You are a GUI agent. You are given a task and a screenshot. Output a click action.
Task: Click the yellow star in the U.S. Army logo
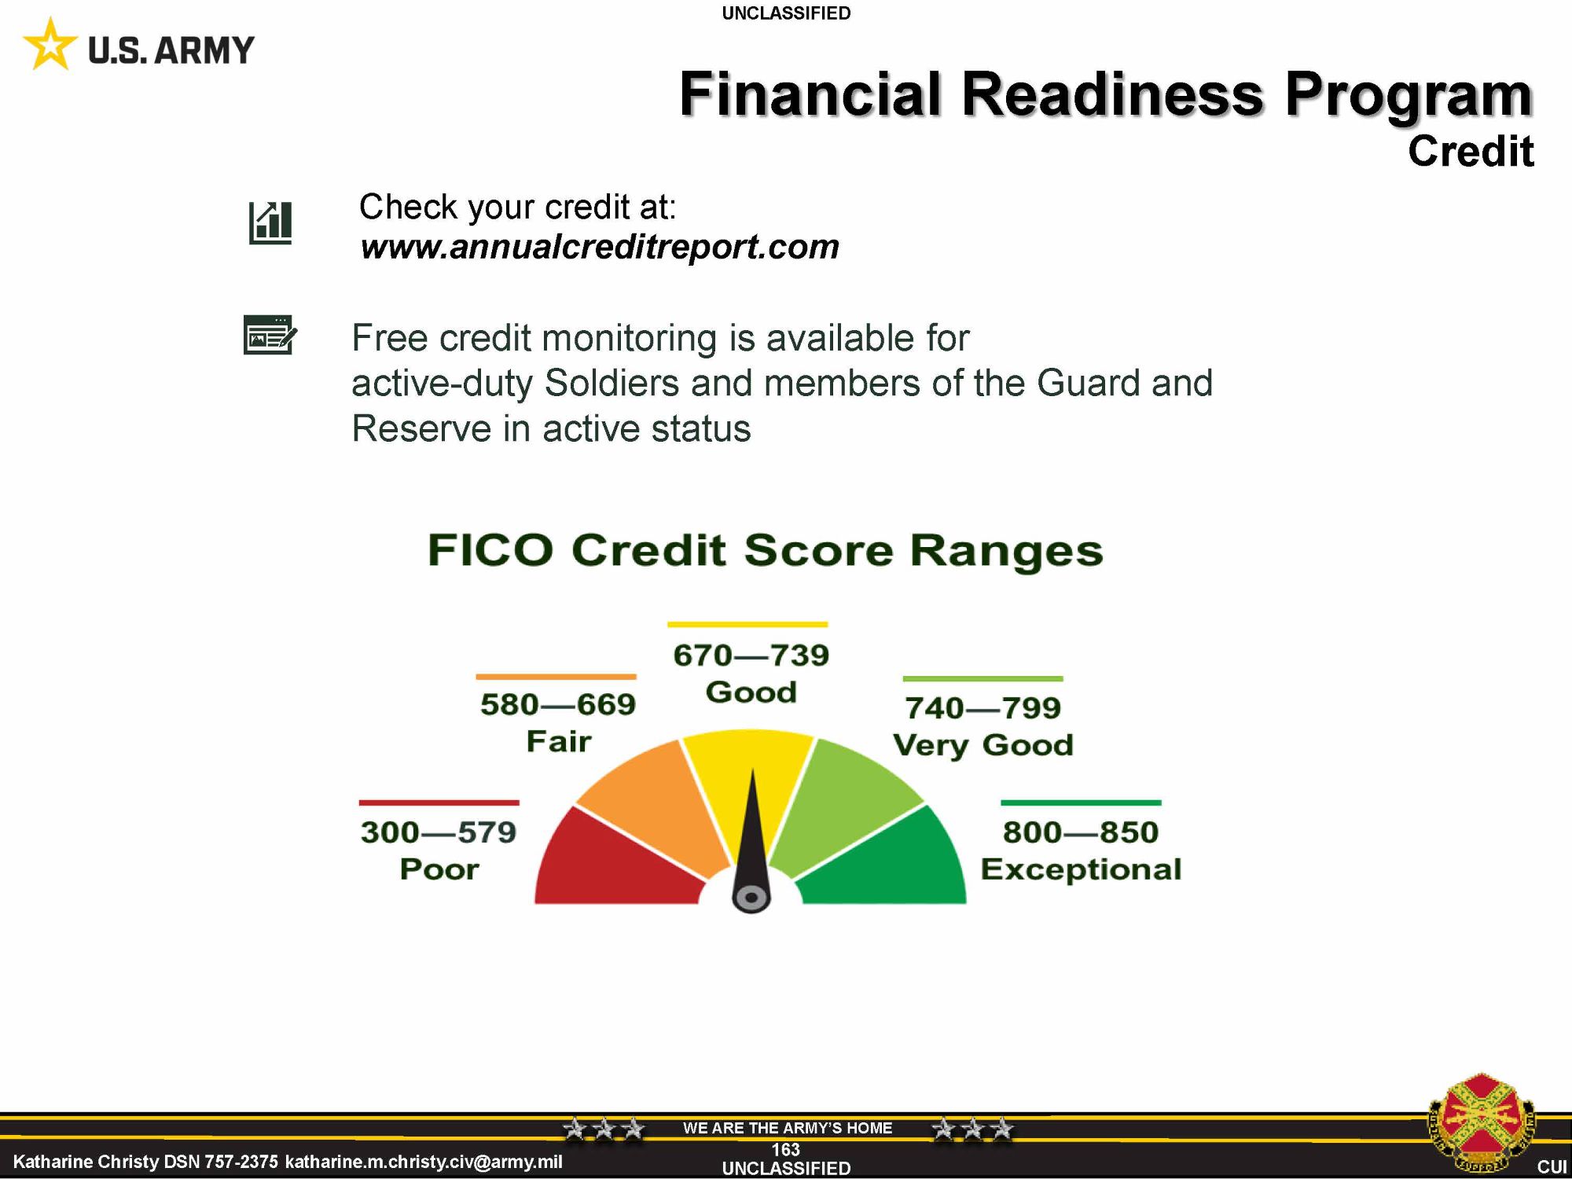[50, 45]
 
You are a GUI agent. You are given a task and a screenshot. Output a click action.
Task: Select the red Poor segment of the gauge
[621, 865]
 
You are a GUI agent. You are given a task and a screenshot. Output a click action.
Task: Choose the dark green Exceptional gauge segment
[884, 865]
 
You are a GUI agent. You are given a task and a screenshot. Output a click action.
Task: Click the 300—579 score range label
[439, 832]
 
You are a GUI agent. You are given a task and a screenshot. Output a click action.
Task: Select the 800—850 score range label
[1081, 832]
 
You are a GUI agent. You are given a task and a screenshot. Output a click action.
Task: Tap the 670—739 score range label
[751, 655]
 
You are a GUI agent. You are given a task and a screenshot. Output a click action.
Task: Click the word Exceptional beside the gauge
[1081, 869]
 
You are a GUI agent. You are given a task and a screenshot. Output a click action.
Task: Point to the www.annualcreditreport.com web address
[599, 247]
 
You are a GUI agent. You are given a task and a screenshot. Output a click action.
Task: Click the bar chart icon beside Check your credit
[270, 222]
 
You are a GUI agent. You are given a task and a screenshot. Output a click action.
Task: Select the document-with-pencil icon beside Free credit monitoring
[270, 335]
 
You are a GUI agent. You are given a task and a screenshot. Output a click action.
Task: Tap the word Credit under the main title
[1471, 151]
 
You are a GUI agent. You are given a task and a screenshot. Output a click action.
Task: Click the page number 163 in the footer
[785, 1150]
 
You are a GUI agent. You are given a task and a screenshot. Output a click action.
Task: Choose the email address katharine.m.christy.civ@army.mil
[424, 1162]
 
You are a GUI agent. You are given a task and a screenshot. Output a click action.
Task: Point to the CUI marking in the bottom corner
[1552, 1167]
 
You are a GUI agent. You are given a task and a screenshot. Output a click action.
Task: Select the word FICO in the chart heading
[490, 549]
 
